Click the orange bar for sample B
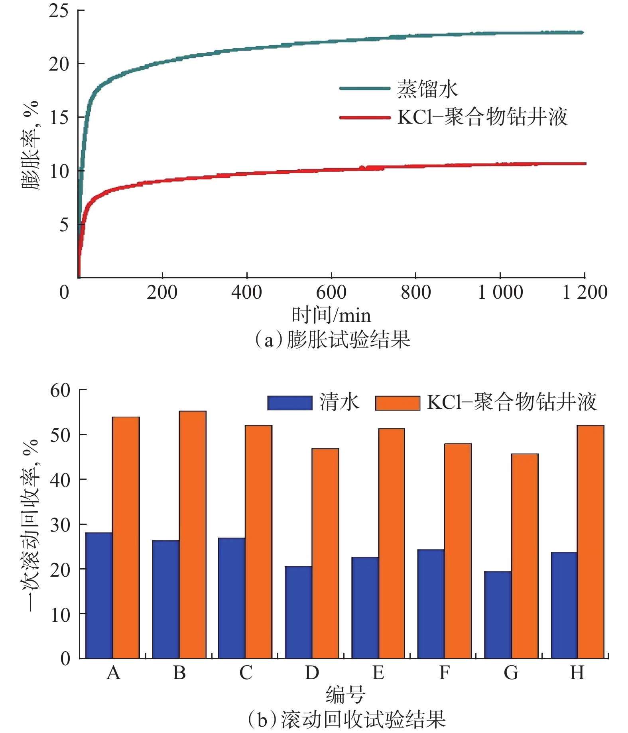[193, 534]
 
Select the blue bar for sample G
[498, 615]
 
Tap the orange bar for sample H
[591, 542]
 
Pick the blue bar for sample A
[99, 595]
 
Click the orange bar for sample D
[325, 553]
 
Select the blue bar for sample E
[365, 607]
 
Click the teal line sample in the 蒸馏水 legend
[364, 89]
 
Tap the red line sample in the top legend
[364, 118]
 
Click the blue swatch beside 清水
[290, 403]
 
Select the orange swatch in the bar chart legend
[398, 403]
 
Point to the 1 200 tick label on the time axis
[585, 292]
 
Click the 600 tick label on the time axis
[331, 292]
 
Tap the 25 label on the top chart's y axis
[59, 11]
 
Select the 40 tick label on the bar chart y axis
[60, 480]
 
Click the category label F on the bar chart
[444, 673]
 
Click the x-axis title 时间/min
[331, 315]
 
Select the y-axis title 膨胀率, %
[31, 146]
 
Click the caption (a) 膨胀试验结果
[333, 340]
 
